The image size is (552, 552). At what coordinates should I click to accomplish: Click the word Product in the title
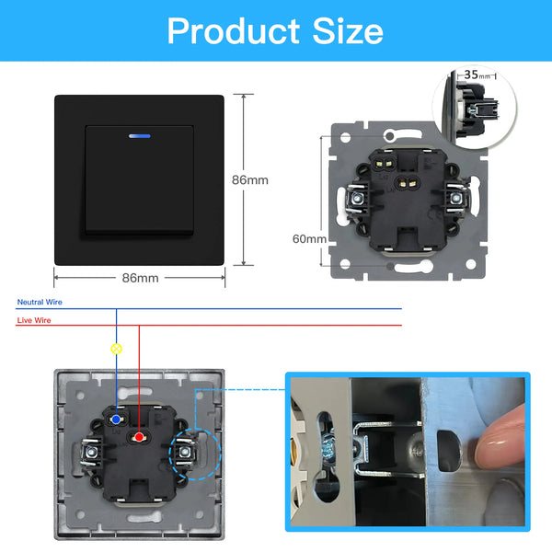click(233, 31)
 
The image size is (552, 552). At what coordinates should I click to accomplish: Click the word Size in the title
click(348, 31)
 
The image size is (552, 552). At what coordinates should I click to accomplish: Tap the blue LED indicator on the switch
click(140, 136)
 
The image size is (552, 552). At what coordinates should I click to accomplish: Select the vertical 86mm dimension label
click(250, 180)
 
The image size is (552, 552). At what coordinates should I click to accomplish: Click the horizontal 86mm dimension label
click(140, 278)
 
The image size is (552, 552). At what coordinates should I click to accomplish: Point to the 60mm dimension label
click(309, 239)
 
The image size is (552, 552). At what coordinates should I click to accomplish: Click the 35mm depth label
click(477, 75)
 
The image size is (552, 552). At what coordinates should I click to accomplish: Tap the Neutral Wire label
click(40, 302)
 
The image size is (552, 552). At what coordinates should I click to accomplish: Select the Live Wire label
click(34, 320)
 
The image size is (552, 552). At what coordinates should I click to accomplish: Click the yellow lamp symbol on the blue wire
click(117, 349)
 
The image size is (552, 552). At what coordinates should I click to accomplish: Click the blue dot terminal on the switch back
click(116, 420)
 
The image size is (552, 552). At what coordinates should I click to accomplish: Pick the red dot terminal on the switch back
click(139, 437)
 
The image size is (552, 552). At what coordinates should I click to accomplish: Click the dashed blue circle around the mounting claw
click(168, 454)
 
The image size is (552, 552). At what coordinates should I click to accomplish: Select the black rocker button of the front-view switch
click(140, 180)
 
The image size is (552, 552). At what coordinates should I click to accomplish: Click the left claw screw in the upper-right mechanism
click(359, 200)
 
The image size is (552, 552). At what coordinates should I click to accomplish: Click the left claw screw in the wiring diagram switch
click(91, 452)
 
